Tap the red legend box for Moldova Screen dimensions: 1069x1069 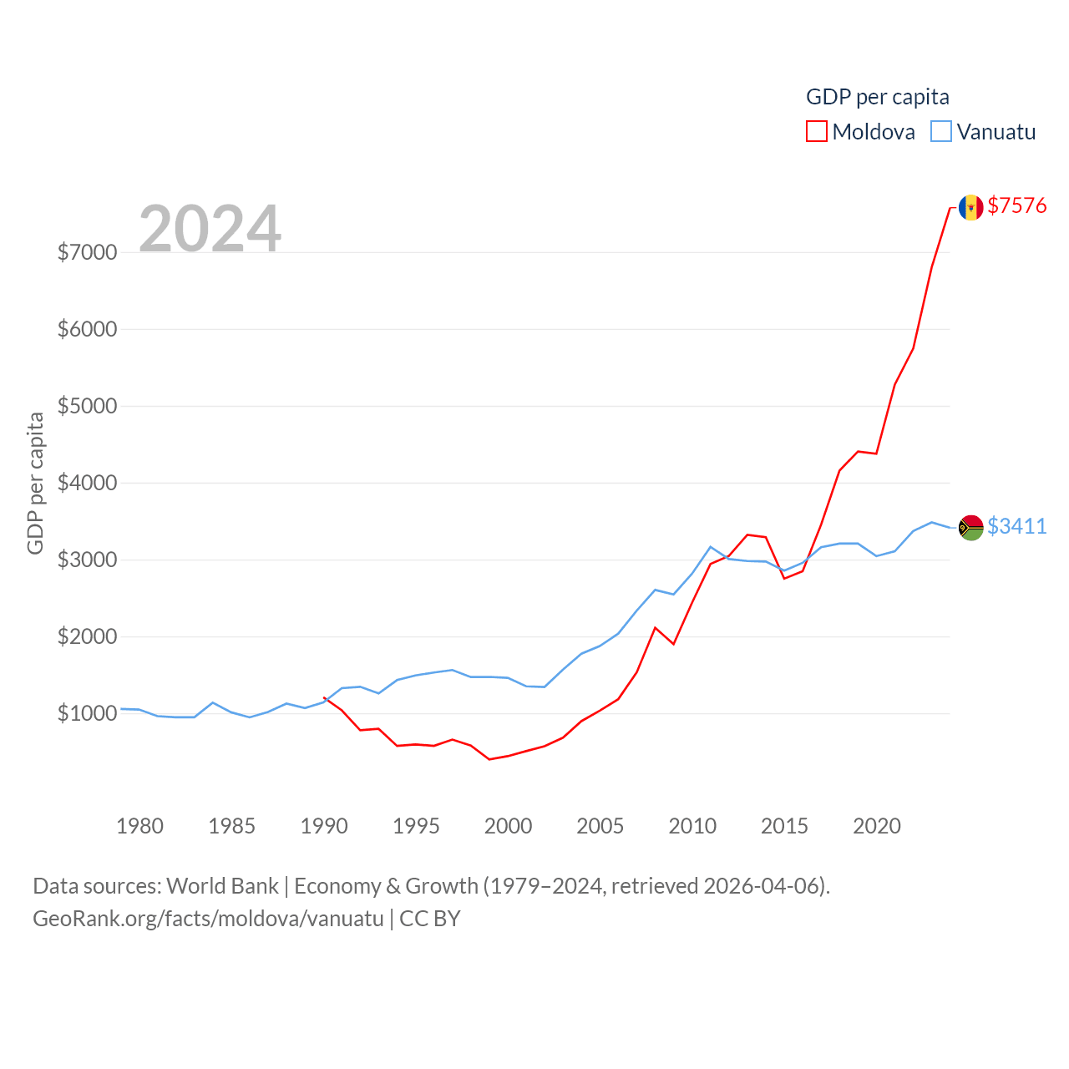816,132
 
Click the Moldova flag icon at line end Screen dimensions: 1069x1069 970,207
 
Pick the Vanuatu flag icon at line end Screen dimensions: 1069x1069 970,527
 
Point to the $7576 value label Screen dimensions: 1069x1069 1016,205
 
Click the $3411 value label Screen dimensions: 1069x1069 1016,526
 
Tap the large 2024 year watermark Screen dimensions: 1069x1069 210,228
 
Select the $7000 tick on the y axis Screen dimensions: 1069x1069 87,252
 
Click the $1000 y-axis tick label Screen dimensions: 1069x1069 87,713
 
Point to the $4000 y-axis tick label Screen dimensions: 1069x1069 87,483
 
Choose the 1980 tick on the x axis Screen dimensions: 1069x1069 139,826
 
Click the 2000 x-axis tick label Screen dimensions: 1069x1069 508,826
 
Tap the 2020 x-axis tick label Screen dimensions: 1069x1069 876,826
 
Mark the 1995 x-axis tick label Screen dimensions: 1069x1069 416,826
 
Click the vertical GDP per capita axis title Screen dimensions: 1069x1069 35,483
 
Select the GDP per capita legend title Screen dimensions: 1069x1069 877,97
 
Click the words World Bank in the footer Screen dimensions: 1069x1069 222,885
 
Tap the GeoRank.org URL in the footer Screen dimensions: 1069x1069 208,919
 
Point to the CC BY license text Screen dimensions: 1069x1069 430,919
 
